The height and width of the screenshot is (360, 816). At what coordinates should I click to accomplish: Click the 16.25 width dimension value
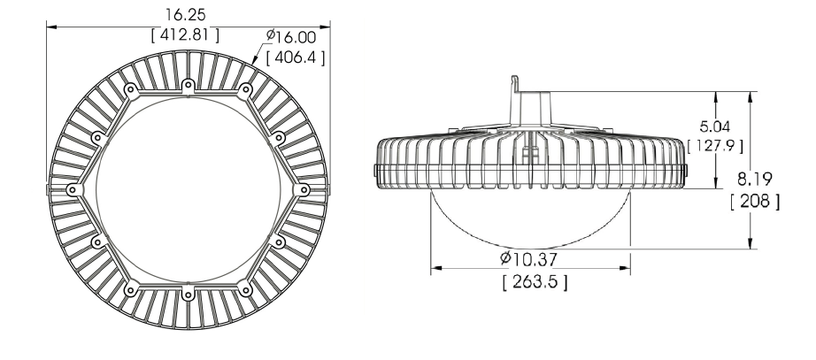185,14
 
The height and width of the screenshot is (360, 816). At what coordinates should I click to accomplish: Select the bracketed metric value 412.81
185,34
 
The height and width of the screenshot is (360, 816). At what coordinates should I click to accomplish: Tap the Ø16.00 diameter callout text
291,37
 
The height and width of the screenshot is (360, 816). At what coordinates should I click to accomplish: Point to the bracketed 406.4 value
296,57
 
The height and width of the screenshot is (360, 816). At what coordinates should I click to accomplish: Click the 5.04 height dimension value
714,126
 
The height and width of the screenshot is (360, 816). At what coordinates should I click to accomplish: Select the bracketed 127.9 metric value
715,146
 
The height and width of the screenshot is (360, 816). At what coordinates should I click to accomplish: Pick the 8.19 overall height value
755,179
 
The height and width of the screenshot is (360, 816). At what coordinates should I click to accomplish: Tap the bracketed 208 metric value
755,201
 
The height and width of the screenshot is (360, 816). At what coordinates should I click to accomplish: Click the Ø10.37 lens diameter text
528,258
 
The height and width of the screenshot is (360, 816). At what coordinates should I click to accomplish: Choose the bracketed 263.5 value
535,282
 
